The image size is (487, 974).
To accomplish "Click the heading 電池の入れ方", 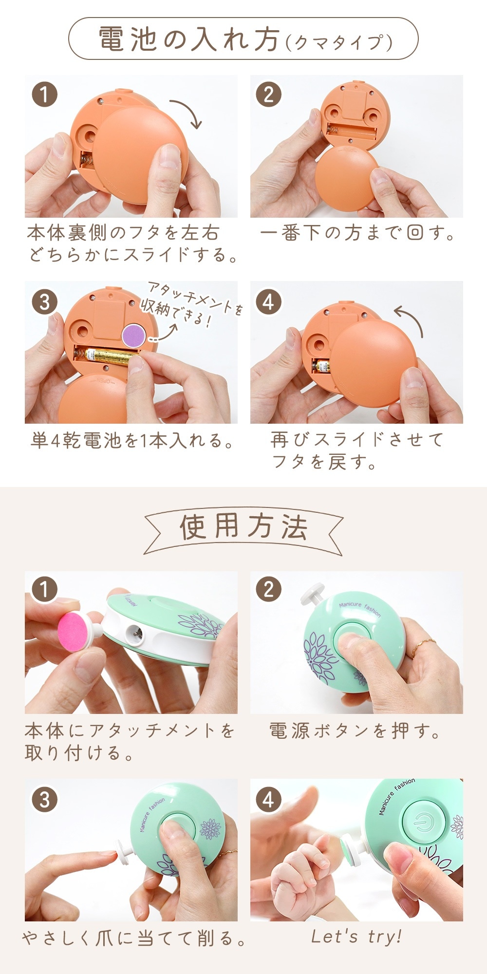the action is tap(189, 39).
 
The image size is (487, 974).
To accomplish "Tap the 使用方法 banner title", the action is tap(243, 527).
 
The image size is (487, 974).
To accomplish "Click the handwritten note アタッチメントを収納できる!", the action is tap(191, 305).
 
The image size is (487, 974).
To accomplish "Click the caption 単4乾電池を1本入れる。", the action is tap(131, 441).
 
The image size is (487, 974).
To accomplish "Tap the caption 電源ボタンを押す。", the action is tap(355, 731).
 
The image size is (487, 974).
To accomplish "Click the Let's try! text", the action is tap(356, 936).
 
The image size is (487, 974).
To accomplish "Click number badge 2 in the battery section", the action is tap(268, 94).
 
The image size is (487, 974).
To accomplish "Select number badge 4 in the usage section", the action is tap(268, 800).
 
